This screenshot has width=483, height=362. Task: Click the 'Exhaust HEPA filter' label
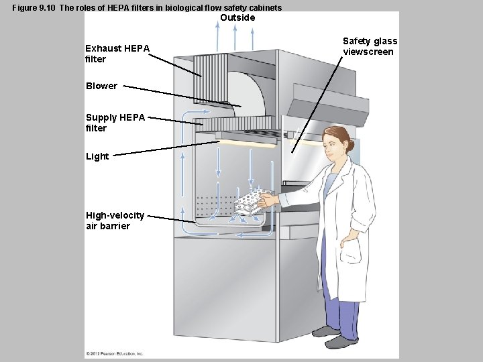point(117,53)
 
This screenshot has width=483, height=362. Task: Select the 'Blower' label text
point(101,86)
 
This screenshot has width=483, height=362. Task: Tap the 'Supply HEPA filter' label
point(115,123)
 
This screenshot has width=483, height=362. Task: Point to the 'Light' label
point(97,156)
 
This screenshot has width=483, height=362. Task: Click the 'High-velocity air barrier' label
point(115,221)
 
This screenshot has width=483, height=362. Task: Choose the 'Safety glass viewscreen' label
point(370,46)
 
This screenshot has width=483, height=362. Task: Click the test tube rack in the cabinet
point(250,201)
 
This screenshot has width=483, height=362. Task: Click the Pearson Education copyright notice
point(115,353)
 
